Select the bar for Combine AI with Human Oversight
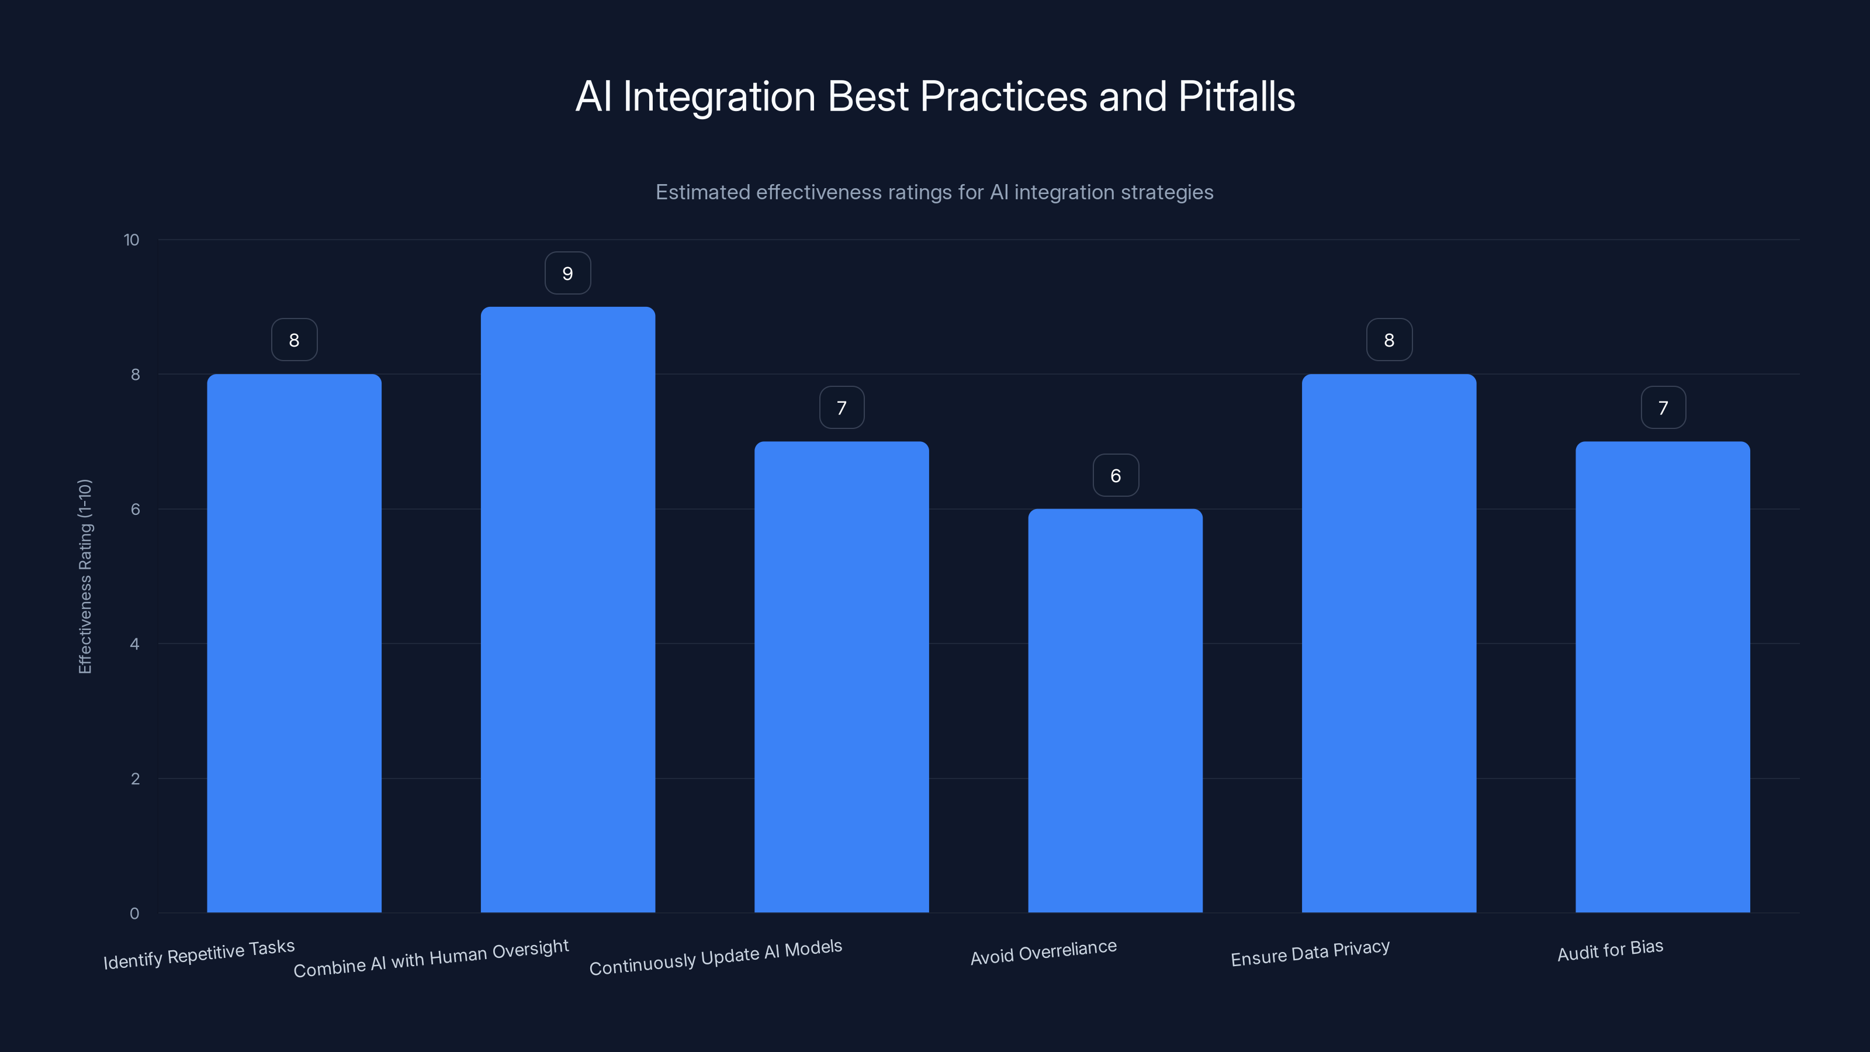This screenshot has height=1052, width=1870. (x=567, y=610)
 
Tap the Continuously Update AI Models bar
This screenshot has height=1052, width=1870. (x=841, y=677)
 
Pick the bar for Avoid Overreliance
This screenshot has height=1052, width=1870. (x=1115, y=710)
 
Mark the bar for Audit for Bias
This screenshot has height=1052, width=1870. (x=1663, y=677)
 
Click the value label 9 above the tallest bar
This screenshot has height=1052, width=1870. (x=567, y=273)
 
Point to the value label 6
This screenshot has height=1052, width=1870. (x=1116, y=476)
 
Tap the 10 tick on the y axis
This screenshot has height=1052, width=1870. (x=131, y=240)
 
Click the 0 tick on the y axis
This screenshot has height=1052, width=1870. (x=134, y=913)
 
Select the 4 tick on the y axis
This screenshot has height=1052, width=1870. (x=134, y=644)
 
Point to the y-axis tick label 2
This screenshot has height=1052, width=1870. (x=135, y=778)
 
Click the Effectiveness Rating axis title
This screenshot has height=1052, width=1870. (x=85, y=576)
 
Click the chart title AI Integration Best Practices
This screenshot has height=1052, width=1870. (x=935, y=96)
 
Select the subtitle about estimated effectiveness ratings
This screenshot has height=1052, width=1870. (x=934, y=192)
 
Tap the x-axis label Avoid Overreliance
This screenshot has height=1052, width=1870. (x=1043, y=953)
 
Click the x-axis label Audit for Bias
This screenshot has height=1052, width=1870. (x=1610, y=950)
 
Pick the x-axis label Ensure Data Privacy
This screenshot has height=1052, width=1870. (x=1310, y=953)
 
